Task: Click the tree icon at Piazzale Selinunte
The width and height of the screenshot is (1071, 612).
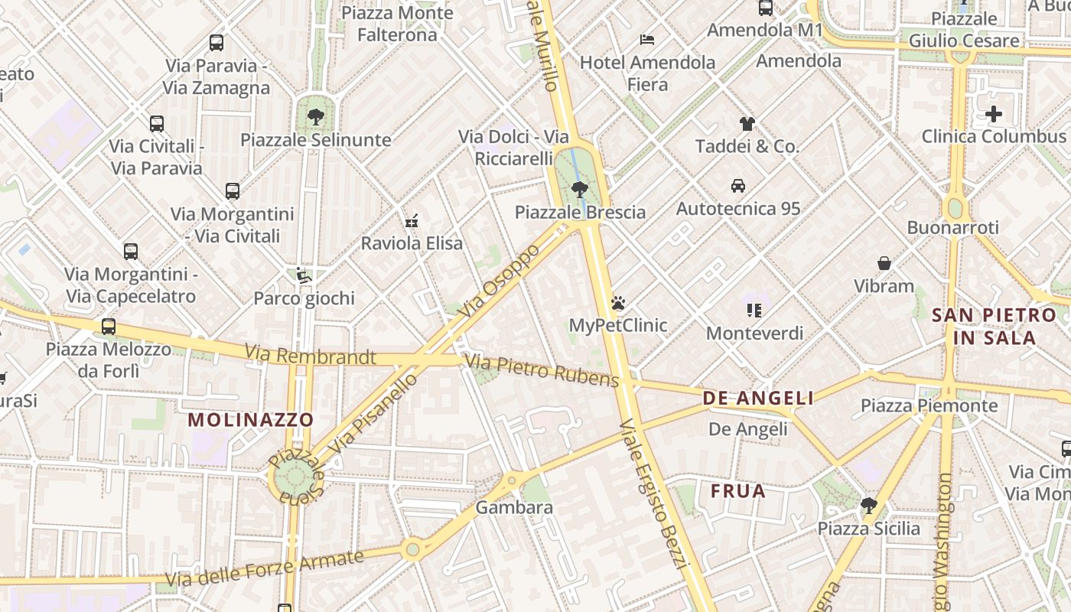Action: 315,117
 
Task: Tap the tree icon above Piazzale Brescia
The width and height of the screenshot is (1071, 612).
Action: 580,189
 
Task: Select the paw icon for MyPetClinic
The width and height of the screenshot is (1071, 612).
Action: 618,303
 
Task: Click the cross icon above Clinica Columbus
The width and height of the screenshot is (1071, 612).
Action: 994,114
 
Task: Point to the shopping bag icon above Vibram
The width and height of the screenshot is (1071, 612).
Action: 884,263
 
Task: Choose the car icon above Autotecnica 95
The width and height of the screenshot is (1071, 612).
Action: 738,185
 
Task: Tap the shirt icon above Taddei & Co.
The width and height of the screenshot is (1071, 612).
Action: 747,123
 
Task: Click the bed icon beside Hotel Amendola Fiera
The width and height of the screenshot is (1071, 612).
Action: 647,39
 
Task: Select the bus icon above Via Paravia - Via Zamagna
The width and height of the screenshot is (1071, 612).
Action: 216,43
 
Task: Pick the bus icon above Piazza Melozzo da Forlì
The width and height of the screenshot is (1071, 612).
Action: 109,327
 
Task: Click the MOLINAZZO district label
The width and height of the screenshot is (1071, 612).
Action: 251,420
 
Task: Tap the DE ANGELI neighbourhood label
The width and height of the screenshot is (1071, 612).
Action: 758,398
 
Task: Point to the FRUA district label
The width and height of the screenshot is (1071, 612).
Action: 738,491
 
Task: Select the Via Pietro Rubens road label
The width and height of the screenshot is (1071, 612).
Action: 542,370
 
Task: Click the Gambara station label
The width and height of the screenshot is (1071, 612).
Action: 514,507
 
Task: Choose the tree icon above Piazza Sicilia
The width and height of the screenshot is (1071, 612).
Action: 868,505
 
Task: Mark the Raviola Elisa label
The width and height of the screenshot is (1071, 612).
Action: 412,243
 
